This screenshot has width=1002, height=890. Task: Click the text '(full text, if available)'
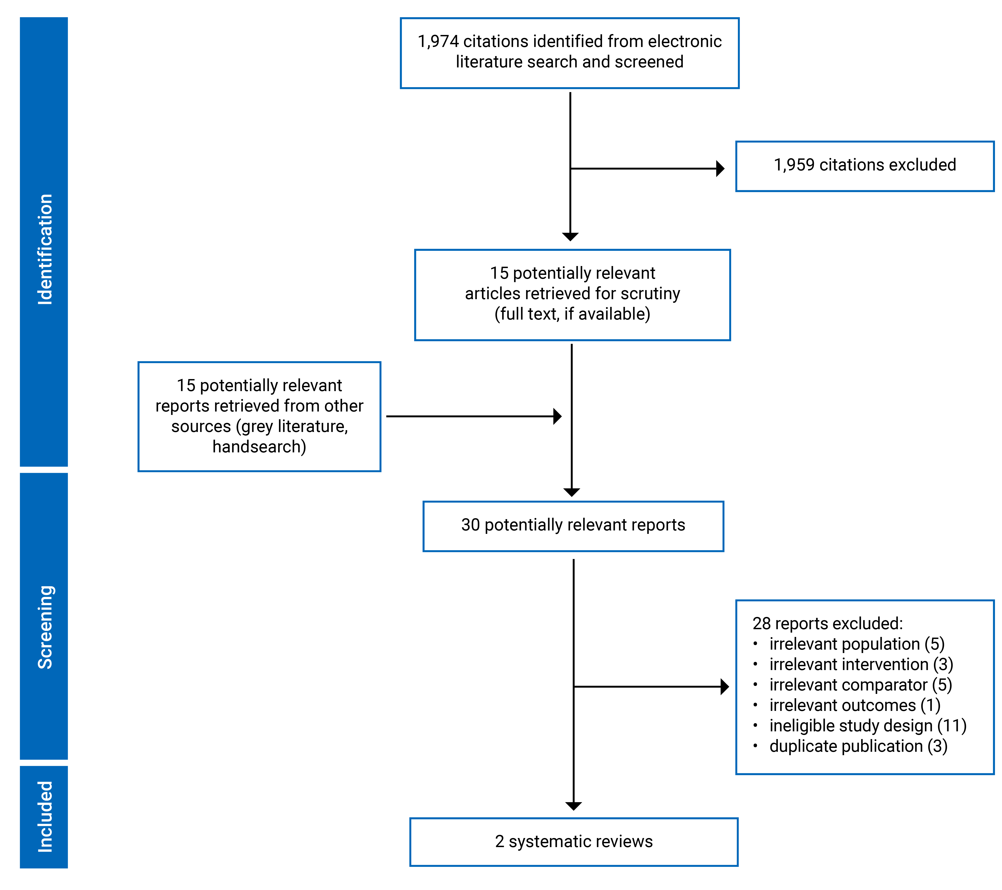[572, 314]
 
